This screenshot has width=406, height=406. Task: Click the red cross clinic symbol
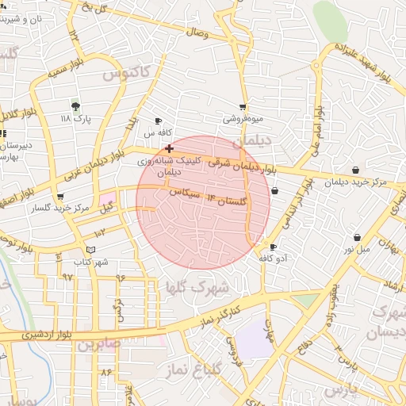point(169,148)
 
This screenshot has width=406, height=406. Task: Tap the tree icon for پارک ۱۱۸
point(75,105)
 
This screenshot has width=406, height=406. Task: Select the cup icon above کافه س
point(158,121)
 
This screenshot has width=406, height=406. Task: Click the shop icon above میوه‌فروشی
point(243,106)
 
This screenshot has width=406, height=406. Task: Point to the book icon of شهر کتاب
point(90,250)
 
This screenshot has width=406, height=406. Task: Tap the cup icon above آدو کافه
point(274,247)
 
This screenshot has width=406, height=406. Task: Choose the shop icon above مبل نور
point(357,237)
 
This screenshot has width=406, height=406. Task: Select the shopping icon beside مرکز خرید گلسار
point(60,197)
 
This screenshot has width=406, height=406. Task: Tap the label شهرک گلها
point(199,285)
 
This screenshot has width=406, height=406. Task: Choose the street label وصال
point(196,33)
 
